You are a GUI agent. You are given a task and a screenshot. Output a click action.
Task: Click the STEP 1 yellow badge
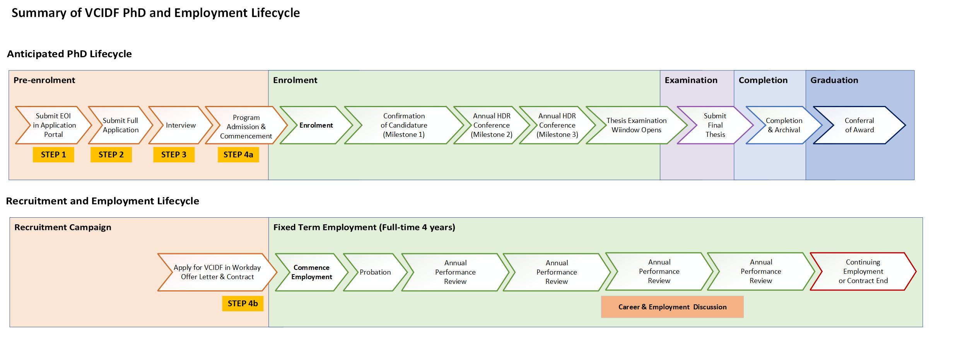pyautogui.click(x=53, y=155)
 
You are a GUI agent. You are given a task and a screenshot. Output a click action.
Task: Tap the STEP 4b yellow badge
pyautogui.click(x=243, y=304)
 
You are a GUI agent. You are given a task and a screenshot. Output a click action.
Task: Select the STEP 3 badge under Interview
pyautogui.click(x=174, y=155)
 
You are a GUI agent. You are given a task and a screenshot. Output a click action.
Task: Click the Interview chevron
pyautogui.click(x=181, y=125)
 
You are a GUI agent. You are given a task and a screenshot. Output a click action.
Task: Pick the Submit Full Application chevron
pyautogui.click(x=120, y=125)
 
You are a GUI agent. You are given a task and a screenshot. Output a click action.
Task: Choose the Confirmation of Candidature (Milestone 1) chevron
pyautogui.click(x=404, y=125)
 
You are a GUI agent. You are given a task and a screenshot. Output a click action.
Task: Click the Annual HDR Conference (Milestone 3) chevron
pyautogui.click(x=557, y=125)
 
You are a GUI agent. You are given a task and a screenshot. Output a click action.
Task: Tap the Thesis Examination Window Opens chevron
pyautogui.click(x=636, y=125)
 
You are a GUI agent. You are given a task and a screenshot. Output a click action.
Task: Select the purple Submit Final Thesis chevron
pyautogui.click(x=715, y=125)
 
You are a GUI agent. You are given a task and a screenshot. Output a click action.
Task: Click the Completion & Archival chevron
pyautogui.click(x=784, y=125)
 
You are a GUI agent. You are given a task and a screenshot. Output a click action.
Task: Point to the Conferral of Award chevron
pyautogui.click(x=859, y=125)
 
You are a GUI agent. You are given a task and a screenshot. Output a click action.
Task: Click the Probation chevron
pyautogui.click(x=375, y=272)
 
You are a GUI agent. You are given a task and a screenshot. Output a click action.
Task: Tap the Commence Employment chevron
pyautogui.click(x=311, y=272)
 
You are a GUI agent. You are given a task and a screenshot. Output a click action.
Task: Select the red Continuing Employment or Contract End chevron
pyautogui.click(x=863, y=271)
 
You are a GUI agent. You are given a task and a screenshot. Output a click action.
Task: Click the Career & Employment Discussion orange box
pyautogui.click(x=672, y=307)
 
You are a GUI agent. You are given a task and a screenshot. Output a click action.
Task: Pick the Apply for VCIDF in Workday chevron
pyautogui.click(x=217, y=272)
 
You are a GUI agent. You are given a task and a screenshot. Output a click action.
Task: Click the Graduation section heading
pyautogui.click(x=834, y=80)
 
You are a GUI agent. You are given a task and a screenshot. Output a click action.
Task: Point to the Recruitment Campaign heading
pyautogui.click(x=63, y=227)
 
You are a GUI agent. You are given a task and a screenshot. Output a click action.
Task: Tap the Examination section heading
pyautogui.click(x=691, y=80)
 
